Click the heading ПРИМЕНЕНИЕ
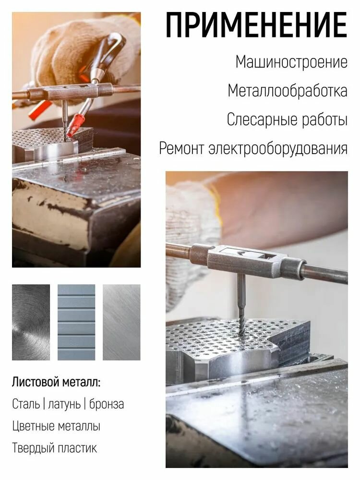(x=256, y=25)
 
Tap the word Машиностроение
(x=291, y=62)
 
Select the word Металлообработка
(x=287, y=91)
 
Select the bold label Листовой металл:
(x=57, y=383)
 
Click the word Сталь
(x=26, y=404)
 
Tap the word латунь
(x=64, y=404)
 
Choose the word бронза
(x=106, y=404)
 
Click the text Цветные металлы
(x=56, y=426)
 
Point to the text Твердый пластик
(x=54, y=448)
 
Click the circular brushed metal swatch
(x=31, y=322)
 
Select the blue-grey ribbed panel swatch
(x=76, y=322)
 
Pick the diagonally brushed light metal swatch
(x=121, y=322)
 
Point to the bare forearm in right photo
(x=288, y=206)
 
